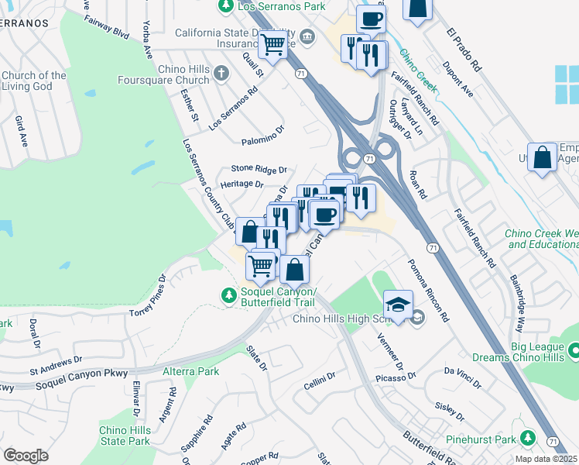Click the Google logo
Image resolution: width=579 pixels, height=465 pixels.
tap(26, 456)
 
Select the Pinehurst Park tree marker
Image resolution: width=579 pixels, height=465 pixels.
tap(528, 439)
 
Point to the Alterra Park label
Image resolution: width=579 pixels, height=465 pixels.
tap(190, 371)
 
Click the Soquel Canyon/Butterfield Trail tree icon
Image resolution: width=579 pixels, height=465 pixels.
tap(228, 295)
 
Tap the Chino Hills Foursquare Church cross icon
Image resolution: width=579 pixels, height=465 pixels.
tap(222, 74)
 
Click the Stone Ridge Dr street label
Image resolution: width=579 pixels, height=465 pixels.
tap(259, 169)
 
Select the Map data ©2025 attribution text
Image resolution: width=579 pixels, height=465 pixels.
tap(546, 459)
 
